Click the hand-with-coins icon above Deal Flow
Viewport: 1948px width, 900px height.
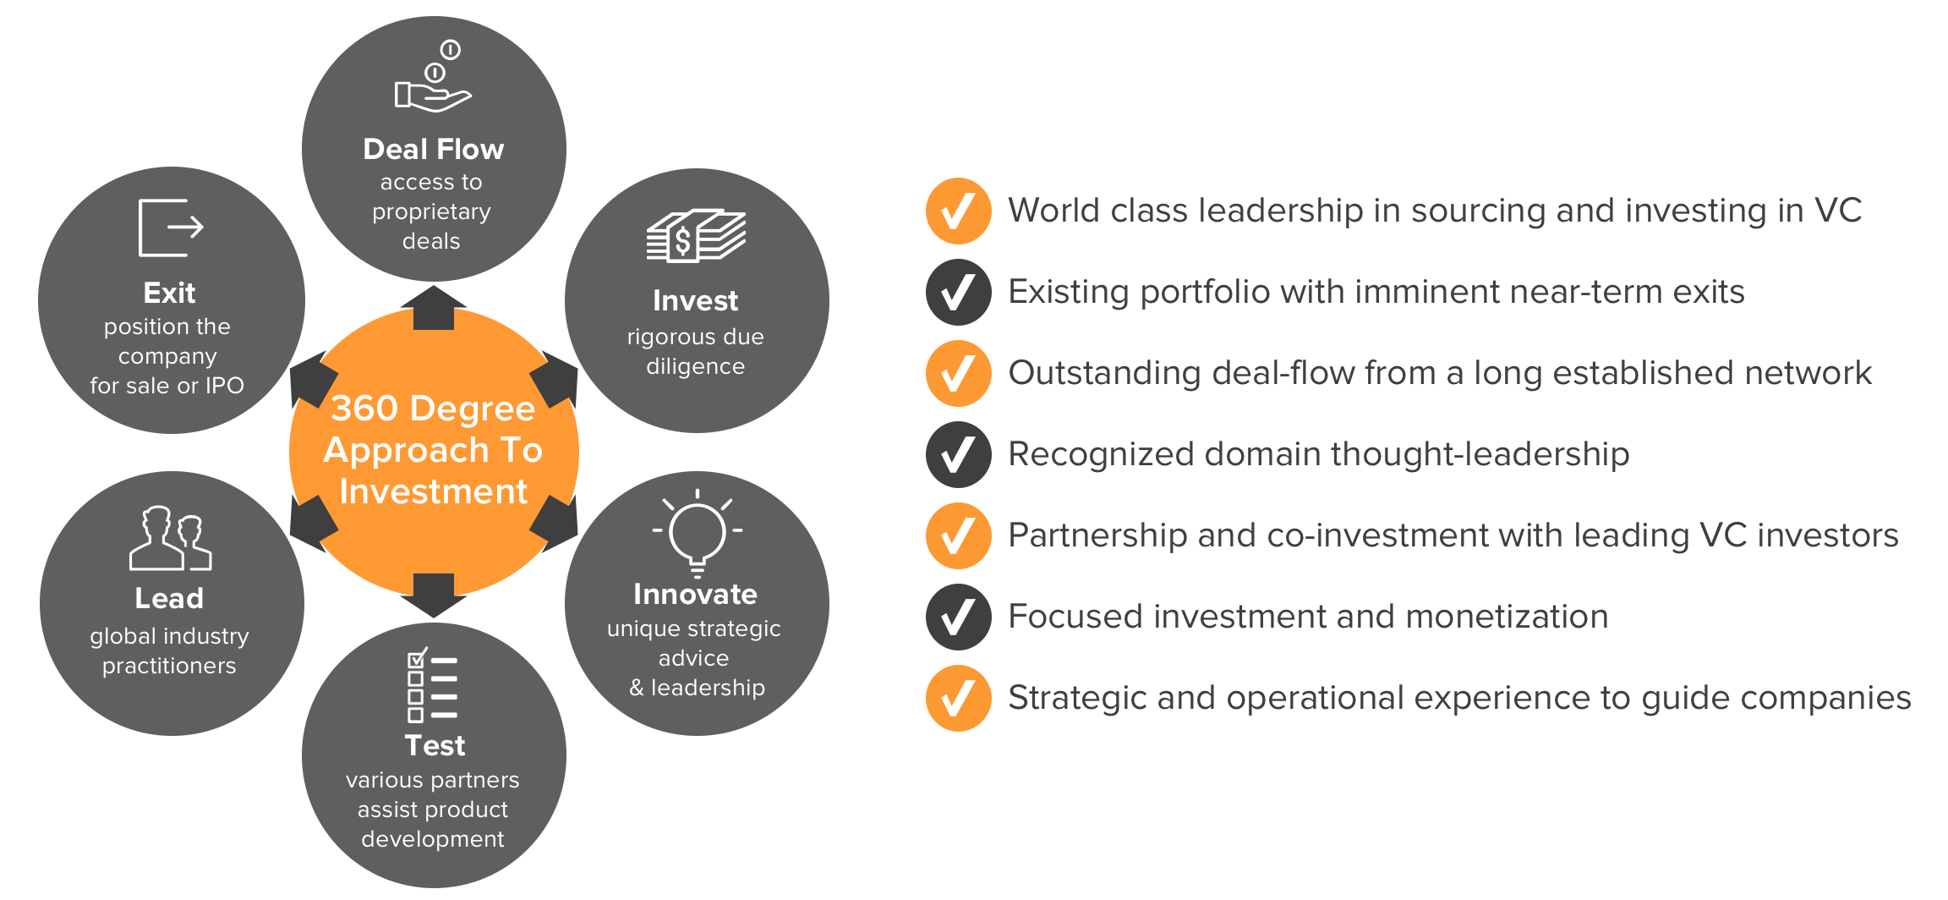click(x=433, y=77)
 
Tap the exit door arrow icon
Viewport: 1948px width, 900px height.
click(x=171, y=228)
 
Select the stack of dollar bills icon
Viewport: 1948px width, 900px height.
click(x=696, y=235)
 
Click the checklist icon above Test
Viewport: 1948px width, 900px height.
click(x=433, y=685)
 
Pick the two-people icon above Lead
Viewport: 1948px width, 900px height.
click(x=170, y=538)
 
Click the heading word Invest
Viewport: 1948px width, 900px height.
click(x=696, y=300)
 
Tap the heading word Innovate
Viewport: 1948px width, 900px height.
click(x=695, y=594)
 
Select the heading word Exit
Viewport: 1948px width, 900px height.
click(x=169, y=293)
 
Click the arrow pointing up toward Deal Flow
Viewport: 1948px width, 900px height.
click(x=434, y=307)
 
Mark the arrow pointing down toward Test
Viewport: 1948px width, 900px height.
click(x=434, y=595)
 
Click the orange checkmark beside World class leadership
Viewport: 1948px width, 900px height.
click(x=958, y=211)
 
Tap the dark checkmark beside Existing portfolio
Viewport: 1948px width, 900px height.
click(x=958, y=292)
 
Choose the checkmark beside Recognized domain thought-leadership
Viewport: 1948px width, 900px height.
click(x=958, y=454)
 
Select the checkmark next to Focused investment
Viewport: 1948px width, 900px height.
click(x=958, y=617)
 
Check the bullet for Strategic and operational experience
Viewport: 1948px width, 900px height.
click(x=958, y=698)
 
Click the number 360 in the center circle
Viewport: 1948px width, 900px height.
click(x=364, y=409)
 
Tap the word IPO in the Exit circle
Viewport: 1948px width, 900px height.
click(x=224, y=386)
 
